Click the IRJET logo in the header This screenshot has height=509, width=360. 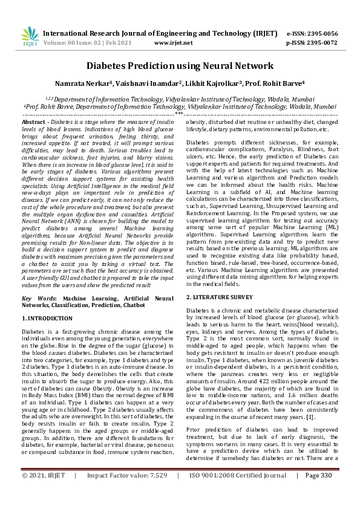point(30,37)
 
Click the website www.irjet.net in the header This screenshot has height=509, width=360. point(174,43)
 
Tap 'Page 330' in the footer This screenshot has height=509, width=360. point(319,493)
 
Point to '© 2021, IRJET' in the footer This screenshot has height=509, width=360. point(44,493)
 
